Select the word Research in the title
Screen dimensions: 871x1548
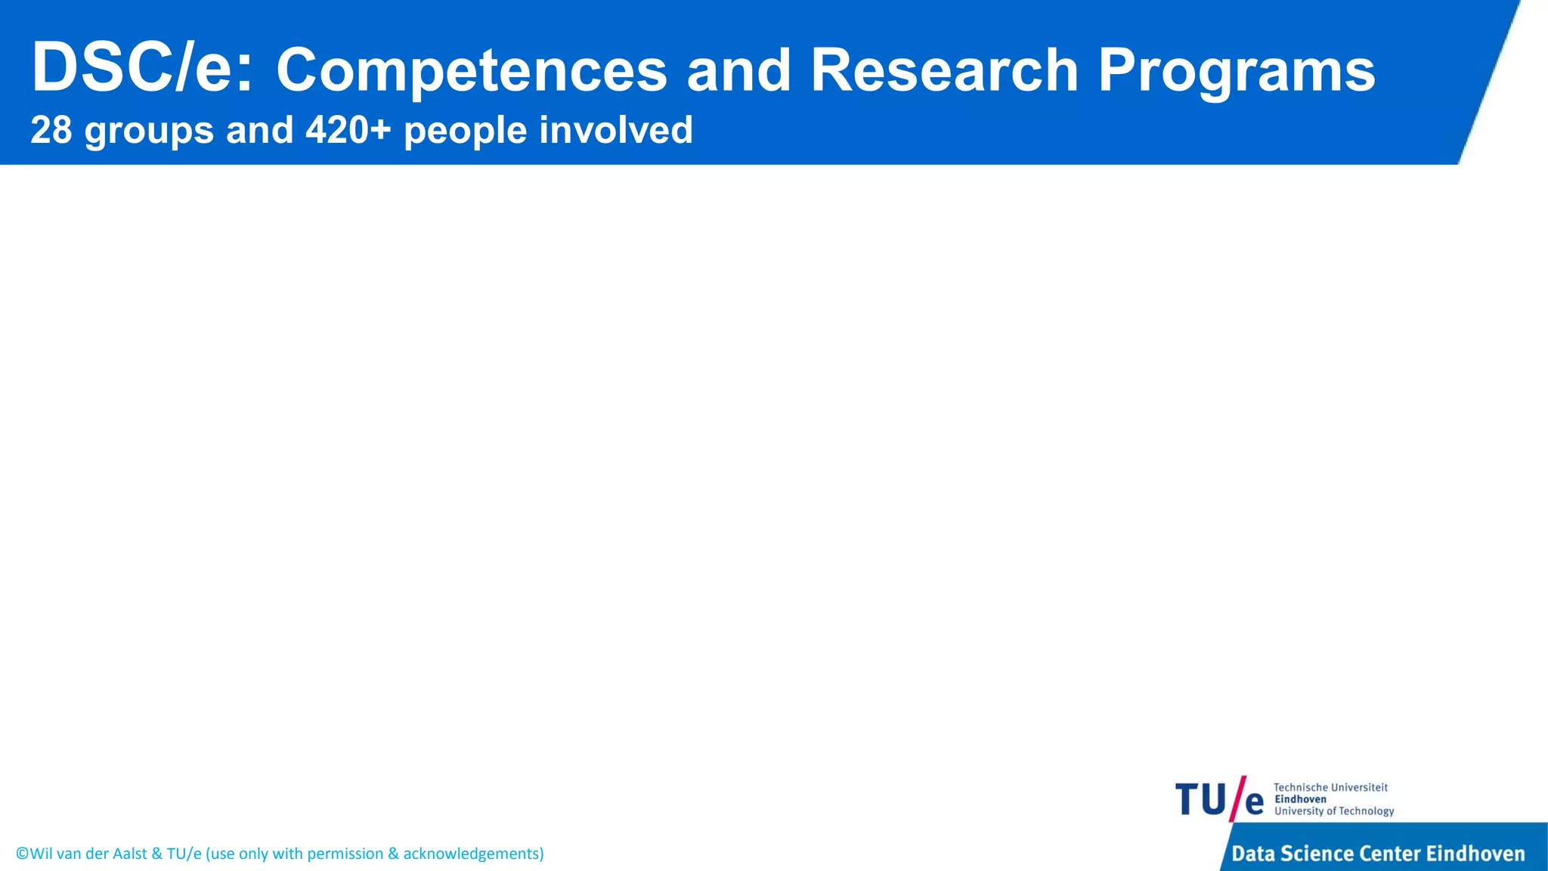(x=944, y=70)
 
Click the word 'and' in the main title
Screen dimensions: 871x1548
(x=738, y=70)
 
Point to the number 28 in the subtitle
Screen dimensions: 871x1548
(x=51, y=130)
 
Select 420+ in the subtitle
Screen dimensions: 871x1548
(x=348, y=130)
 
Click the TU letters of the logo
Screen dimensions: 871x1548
(x=1200, y=800)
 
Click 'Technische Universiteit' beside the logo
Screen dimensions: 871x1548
(x=1330, y=787)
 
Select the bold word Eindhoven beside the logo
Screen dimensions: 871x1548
(x=1300, y=799)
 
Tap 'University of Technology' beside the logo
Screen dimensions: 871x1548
(x=1334, y=811)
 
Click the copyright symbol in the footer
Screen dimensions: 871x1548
(x=22, y=854)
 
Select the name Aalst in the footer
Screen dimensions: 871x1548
(x=129, y=854)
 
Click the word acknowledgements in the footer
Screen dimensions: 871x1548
(x=472, y=854)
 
